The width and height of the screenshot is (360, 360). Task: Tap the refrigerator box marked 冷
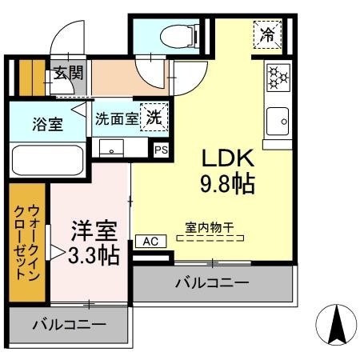tap(267, 34)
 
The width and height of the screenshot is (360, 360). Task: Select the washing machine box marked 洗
tap(154, 118)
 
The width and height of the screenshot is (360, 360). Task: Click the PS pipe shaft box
tap(162, 150)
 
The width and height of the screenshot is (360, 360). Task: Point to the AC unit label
tap(151, 242)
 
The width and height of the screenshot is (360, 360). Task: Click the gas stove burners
tap(278, 78)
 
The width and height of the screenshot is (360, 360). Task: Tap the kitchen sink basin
tap(278, 122)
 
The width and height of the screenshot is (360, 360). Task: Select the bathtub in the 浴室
tap(48, 160)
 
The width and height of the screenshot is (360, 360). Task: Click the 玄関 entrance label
tap(69, 73)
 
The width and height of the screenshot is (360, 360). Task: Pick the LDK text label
tap(227, 158)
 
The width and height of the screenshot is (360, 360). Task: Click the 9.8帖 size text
tap(227, 184)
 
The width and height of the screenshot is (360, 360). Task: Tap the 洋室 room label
tap(94, 230)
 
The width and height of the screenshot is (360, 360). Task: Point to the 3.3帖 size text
tap(94, 255)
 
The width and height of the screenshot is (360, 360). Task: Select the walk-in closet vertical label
tap(27, 242)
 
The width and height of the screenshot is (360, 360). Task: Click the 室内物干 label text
tap(210, 228)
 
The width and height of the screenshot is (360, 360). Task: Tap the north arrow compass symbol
tap(336, 325)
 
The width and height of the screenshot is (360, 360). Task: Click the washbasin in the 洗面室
tap(111, 148)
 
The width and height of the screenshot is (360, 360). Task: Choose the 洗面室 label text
tap(117, 118)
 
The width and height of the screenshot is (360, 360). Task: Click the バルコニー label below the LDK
tap(212, 282)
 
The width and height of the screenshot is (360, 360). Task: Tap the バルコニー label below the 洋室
tap(70, 325)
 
